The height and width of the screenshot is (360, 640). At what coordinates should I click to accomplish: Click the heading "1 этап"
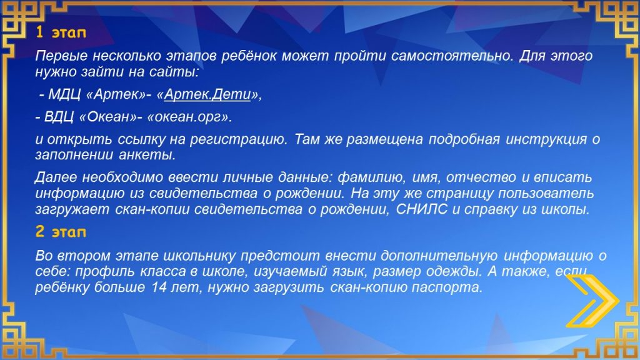[61, 32]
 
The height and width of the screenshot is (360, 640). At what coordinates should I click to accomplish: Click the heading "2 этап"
[61, 231]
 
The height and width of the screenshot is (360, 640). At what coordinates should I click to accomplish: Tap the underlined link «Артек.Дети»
[207, 94]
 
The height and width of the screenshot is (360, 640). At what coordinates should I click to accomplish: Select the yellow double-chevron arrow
[592, 301]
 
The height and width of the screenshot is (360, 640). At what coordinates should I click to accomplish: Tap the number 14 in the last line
[159, 287]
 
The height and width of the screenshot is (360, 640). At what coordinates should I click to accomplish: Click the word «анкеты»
[147, 155]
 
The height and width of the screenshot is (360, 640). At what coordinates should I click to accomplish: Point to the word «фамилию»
[371, 177]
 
